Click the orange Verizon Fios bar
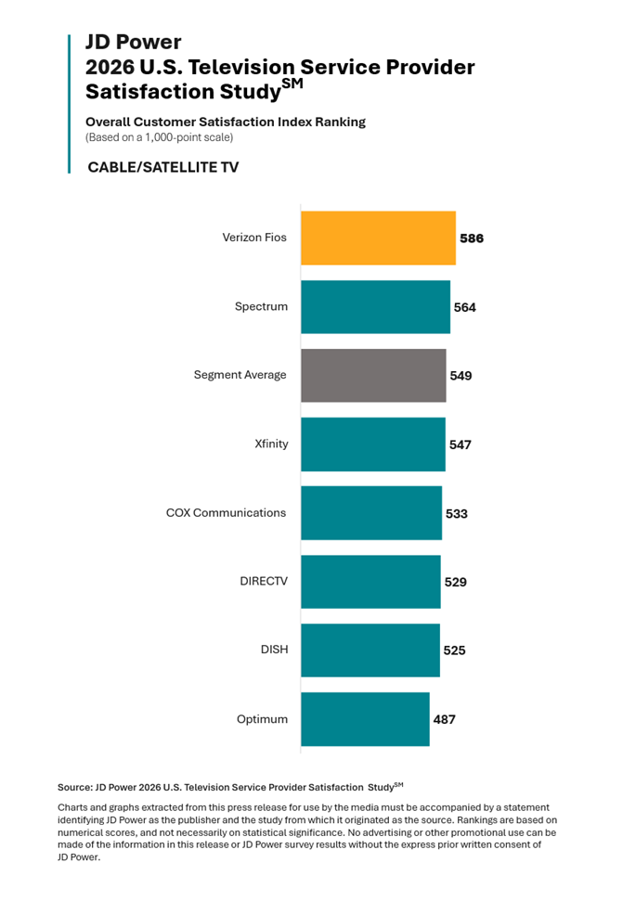point(378,238)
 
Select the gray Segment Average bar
point(373,376)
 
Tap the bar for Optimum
point(365,719)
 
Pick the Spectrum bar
point(376,307)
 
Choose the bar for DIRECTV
point(371,582)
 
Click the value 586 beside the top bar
point(472,238)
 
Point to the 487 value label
point(445,720)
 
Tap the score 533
point(457,514)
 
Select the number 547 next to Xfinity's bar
point(461,445)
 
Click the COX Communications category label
point(226,513)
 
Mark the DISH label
point(274,650)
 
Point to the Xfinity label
point(271,444)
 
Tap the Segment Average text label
point(240,375)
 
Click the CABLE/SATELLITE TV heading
point(163,167)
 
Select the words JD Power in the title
point(134,42)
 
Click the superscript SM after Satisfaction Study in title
point(292,84)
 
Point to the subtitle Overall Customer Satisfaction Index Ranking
point(226,122)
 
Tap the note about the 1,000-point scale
point(160,137)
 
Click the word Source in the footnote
point(74,788)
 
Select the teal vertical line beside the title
point(69,104)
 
